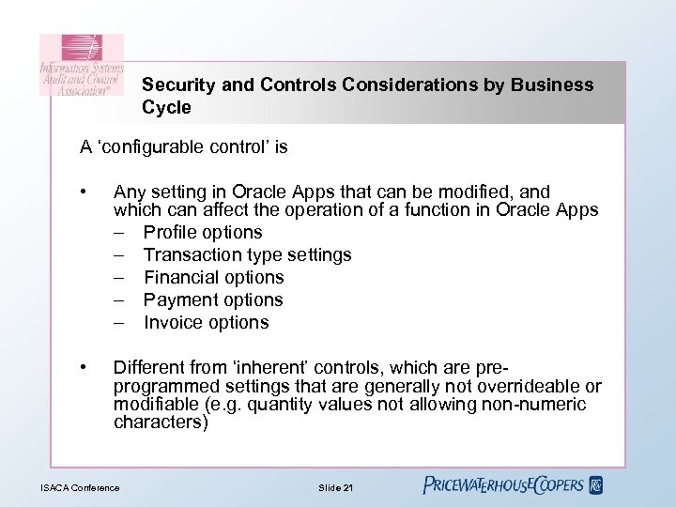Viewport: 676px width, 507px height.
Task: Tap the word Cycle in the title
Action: (167, 107)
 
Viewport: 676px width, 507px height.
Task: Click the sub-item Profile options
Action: (203, 232)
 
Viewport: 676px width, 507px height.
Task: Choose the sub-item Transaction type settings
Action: (248, 254)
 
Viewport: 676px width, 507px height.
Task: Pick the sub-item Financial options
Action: (213, 277)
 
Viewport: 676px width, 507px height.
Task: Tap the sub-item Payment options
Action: (213, 300)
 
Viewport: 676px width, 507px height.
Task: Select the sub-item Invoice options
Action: (206, 322)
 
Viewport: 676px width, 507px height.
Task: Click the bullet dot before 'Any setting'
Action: (84, 192)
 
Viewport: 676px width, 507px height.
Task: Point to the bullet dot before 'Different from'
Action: (84, 366)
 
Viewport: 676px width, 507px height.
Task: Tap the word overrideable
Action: (546, 387)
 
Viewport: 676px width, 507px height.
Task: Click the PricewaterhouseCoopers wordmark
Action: (503, 484)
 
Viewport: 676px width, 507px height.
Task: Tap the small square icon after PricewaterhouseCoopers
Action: (595, 485)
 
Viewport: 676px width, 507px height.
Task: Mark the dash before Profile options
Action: (120, 232)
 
